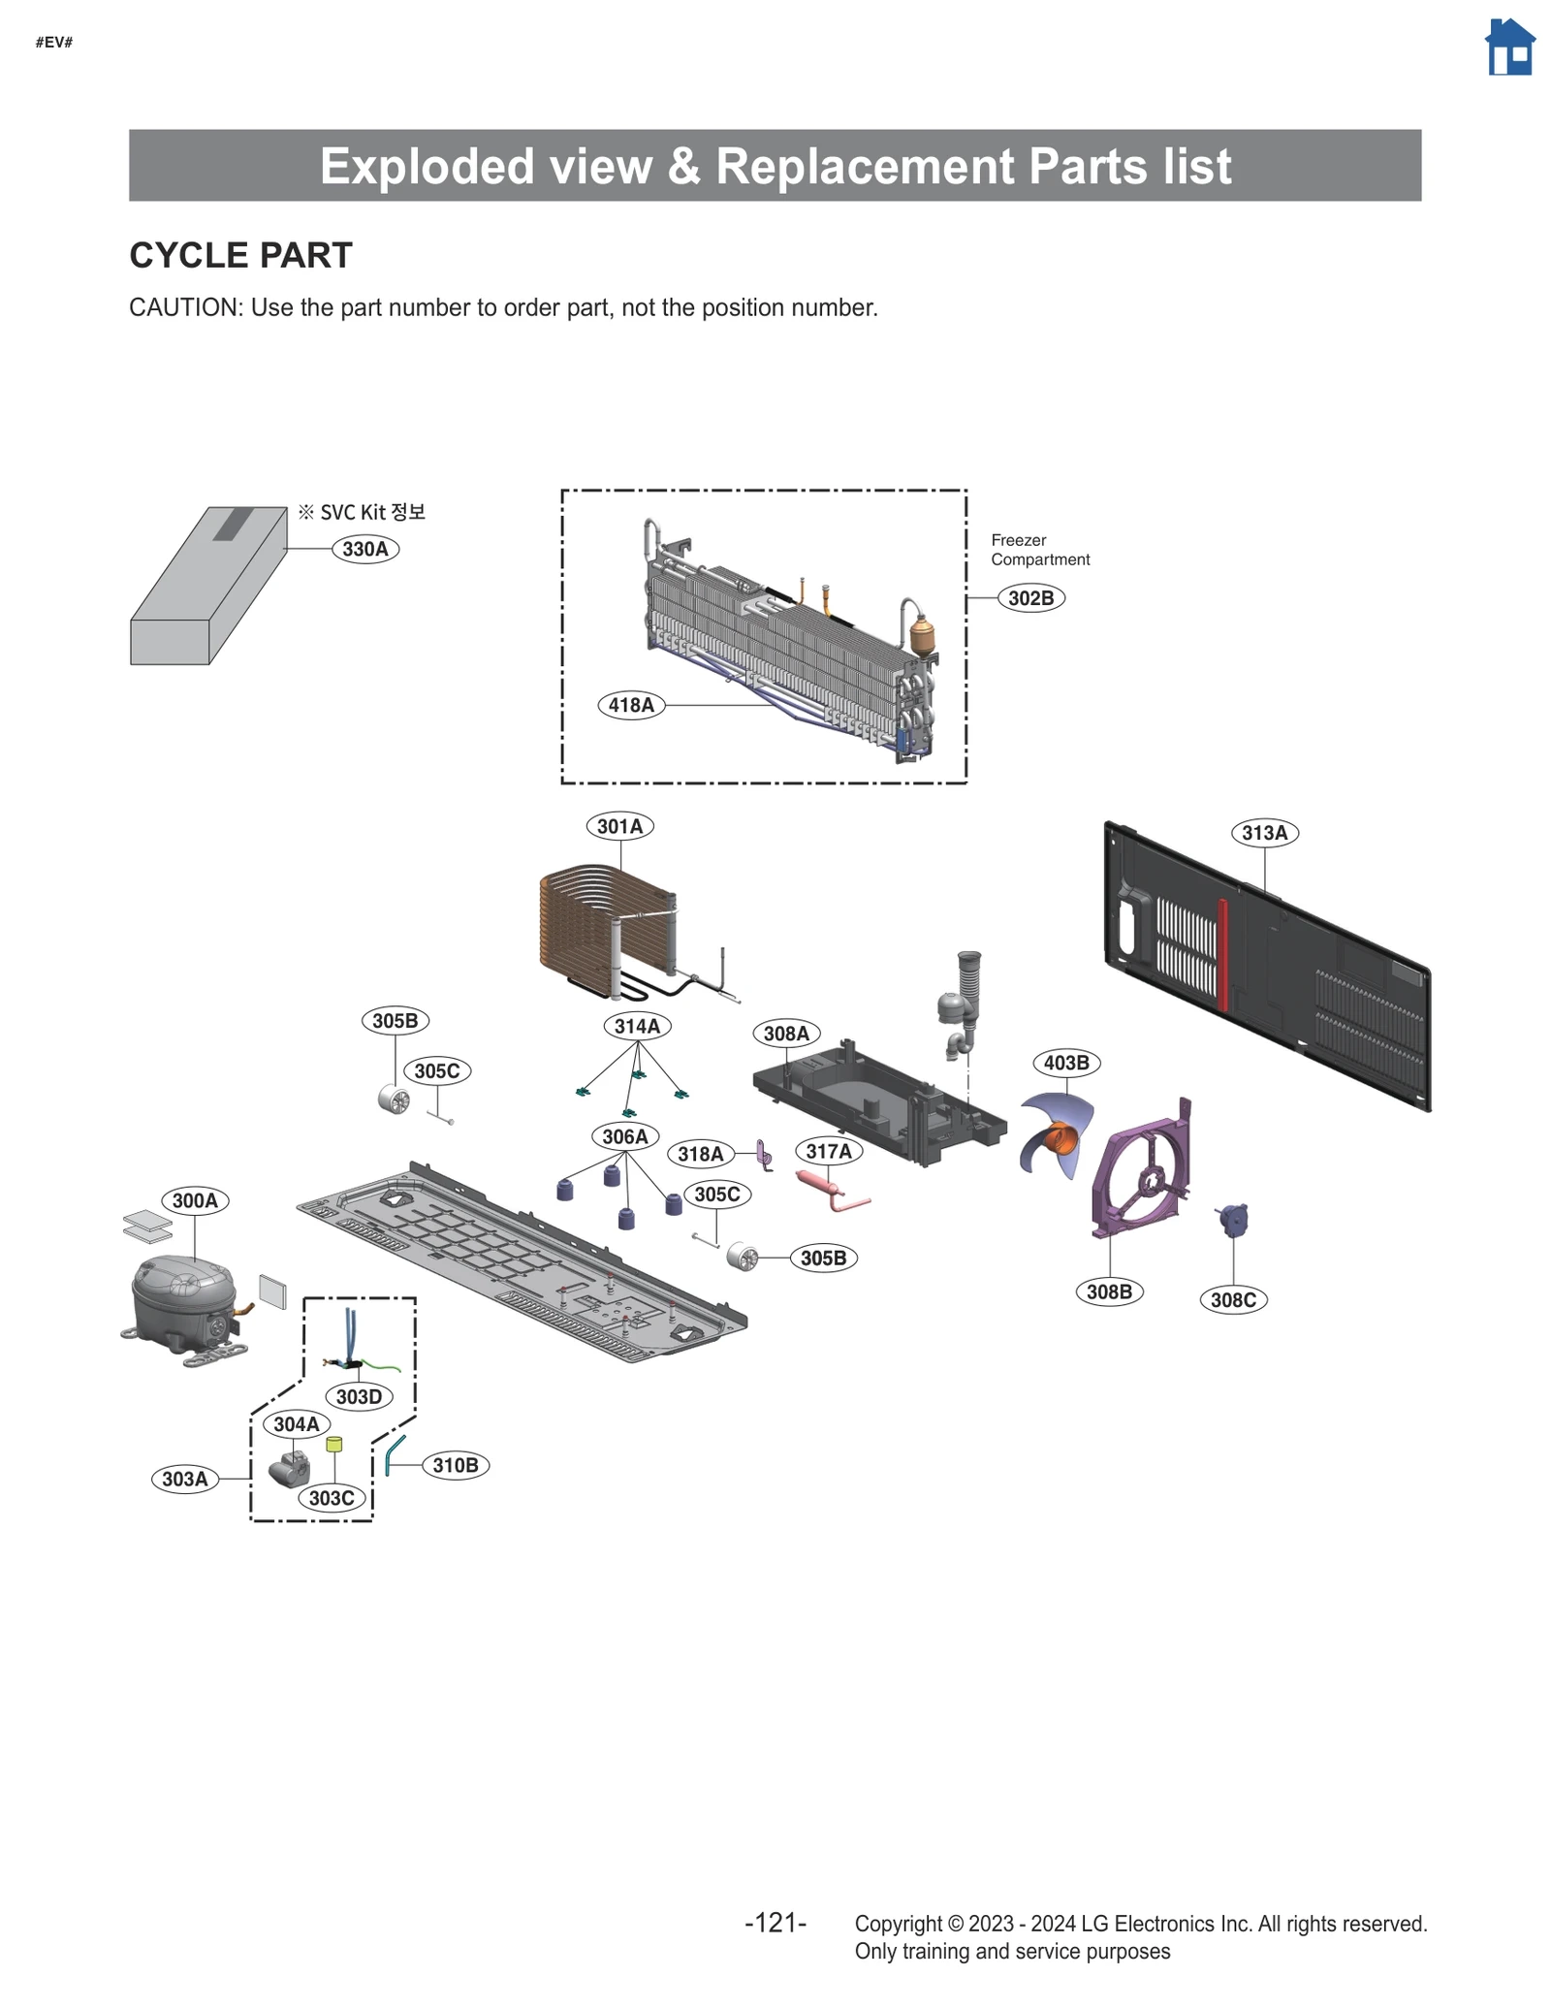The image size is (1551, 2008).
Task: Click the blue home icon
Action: click(1509, 48)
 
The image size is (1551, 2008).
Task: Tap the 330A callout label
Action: click(365, 549)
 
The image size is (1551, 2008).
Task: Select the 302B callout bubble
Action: click(1030, 598)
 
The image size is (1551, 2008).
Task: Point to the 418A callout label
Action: click(631, 705)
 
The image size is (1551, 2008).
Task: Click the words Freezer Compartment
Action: click(1039, 550)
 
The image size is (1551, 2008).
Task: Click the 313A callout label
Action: click(1264, 833)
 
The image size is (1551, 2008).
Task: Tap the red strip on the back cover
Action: click(1223, 955)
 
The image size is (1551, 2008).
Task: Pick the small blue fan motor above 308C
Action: click(1234, 1220)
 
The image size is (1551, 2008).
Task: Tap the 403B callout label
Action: click(1066, 1063)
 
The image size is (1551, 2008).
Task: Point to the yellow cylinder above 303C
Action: click(334, 1445)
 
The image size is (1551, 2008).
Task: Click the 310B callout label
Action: click(456, 1465)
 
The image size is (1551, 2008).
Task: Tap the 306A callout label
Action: click(624, 1136)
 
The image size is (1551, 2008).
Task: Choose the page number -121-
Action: click(775, 1923)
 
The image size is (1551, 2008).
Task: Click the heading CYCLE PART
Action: click(240, 255)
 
